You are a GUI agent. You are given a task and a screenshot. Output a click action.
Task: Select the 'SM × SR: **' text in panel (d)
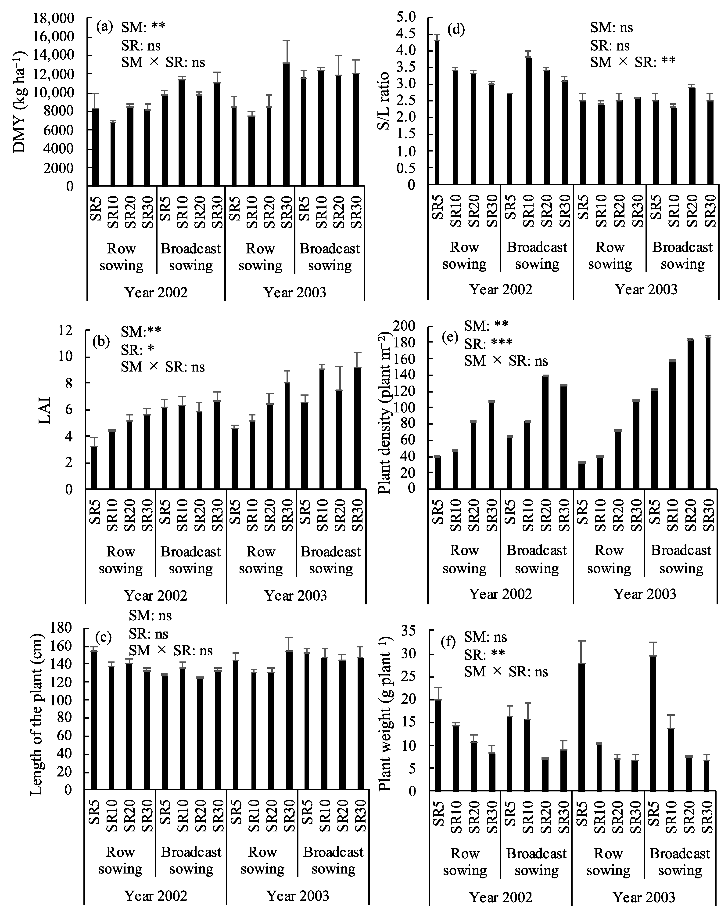[633, 62]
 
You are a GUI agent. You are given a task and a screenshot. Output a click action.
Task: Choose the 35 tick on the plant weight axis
[410, 631]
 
